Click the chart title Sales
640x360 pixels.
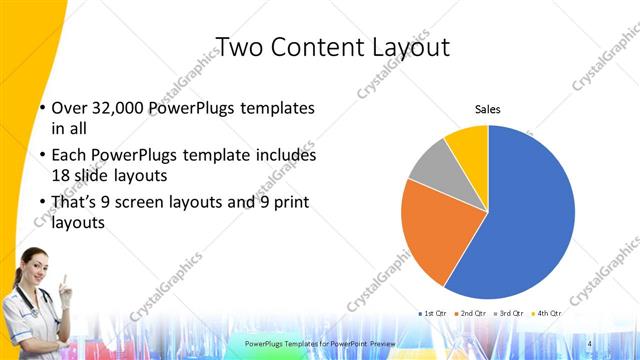tap(487, 110)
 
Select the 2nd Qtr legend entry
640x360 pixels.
tap(473, 313)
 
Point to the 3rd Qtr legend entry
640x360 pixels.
tap(510, 313)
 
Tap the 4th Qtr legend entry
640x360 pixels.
tap(547, 313)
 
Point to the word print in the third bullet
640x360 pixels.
tap(289, 203)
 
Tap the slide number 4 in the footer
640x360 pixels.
tap(590, 344)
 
